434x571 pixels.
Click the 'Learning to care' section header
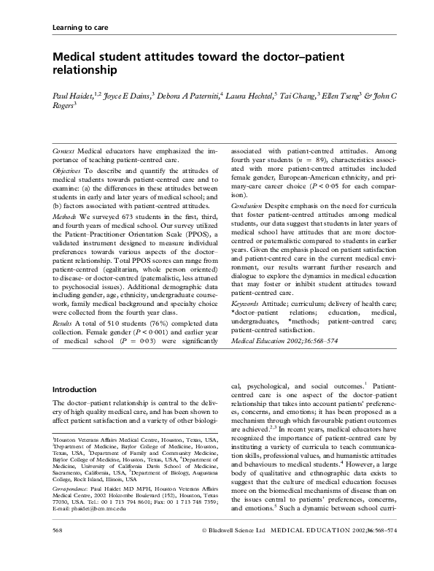[81, 28]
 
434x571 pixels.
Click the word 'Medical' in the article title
[76, 57]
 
